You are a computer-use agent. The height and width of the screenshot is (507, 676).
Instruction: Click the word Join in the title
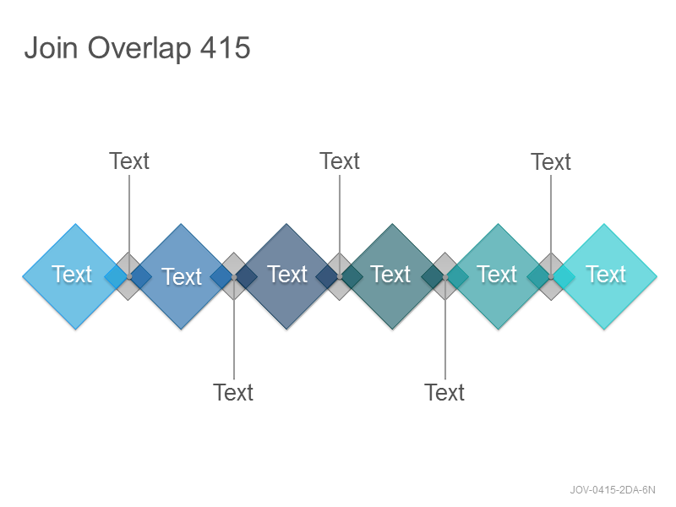click(51, 47)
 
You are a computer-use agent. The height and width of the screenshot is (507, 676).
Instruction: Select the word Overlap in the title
click(139, 49)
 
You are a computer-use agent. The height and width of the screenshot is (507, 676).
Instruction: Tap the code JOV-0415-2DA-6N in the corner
click(613, 490)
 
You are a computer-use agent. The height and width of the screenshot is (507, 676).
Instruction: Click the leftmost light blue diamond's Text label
click(72, 274)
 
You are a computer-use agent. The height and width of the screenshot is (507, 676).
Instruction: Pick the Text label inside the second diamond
click(182, 276)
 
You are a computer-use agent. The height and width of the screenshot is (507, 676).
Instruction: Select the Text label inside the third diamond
click(287, 274)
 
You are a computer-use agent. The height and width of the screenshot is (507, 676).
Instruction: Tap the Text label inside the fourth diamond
click(390, 274)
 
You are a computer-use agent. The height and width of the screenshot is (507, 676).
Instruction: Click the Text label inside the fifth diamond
click(497, 274)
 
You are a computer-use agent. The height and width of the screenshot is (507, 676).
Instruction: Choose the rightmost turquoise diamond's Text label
click(606, 274)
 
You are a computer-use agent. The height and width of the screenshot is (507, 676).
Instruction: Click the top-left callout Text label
click(129, 161)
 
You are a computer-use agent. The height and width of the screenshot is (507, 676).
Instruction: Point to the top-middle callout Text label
click(340, 161)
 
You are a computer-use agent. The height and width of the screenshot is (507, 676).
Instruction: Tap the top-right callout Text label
click(551, 162)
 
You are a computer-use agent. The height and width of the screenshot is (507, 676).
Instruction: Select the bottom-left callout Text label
click(233, 392)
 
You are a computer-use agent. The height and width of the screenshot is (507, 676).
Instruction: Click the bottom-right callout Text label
click(444, 392)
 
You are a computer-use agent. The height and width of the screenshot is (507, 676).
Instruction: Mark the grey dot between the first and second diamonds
click(129, 276)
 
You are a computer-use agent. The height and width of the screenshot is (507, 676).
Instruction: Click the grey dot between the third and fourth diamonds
click(340, 276)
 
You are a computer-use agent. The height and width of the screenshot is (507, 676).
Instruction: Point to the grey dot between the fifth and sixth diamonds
click(551, 276)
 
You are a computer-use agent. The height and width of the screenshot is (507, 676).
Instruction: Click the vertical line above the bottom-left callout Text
click(234, 328)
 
